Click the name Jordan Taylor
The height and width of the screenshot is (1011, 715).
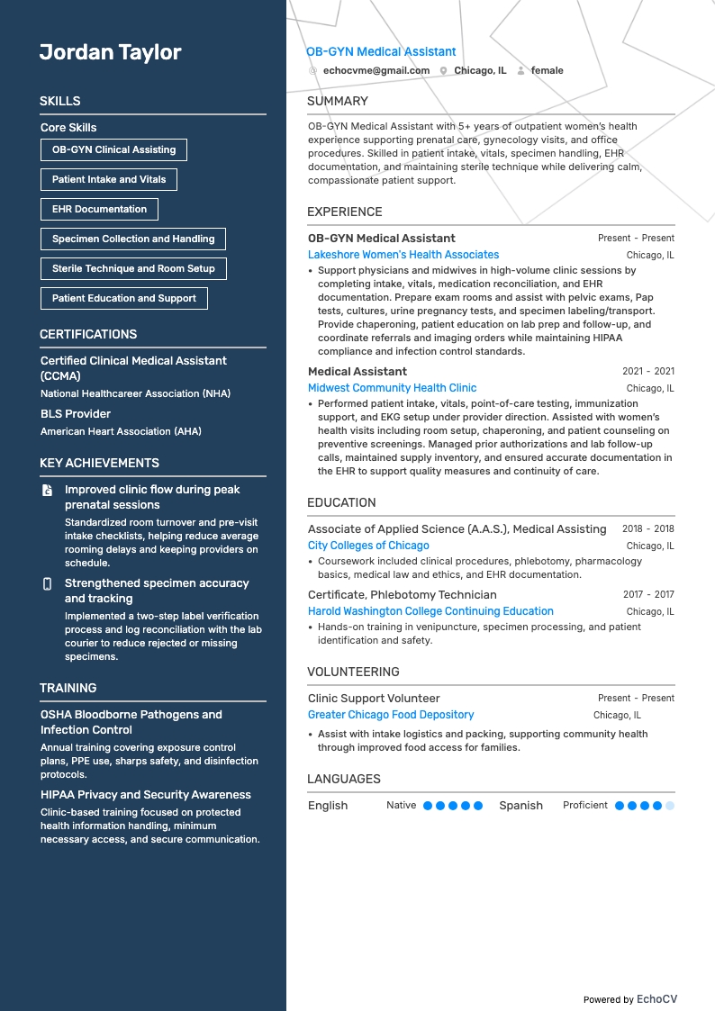point(110,52)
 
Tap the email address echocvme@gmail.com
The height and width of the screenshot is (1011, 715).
point(363,70)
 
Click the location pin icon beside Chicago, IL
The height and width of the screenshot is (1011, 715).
point(444,70)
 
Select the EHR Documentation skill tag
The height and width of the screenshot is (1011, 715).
point(99,209)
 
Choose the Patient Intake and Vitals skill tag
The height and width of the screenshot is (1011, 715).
point(109,179)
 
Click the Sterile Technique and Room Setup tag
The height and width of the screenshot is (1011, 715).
point(133,268)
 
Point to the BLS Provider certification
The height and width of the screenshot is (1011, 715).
point(76,414)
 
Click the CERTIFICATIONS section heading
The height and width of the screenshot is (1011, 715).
point(88,334)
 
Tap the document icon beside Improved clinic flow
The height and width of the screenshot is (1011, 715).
point(48,491)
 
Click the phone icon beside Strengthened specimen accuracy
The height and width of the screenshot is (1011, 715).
point(48,584)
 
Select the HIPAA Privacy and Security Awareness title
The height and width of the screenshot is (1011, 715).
point(146,795)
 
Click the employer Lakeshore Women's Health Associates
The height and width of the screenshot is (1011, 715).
point(403,255)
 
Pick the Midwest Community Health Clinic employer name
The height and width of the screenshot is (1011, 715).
point(393,388)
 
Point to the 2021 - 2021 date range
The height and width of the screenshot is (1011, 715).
point(647,371)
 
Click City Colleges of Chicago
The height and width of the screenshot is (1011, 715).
point(368,546)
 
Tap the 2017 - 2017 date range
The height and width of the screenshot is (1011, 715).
point(647,594)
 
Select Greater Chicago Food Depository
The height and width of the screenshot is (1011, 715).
point(391,715)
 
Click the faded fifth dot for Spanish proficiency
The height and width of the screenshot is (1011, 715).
point(669,806)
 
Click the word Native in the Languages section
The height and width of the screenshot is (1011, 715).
point(401,806)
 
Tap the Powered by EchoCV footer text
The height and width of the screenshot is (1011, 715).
point(629,999)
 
